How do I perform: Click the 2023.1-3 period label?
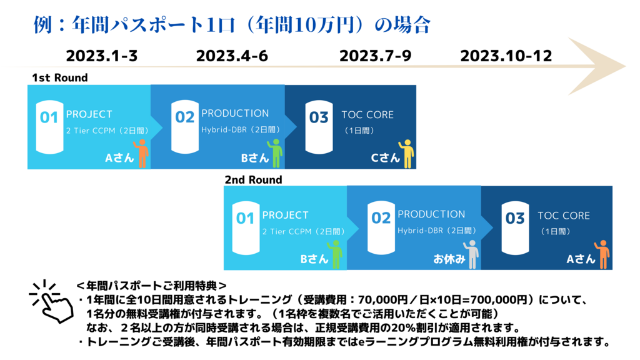point(102,56)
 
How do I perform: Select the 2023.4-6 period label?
point(232,56)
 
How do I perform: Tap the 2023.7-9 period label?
point(375,56)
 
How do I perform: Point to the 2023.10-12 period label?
point(506,56)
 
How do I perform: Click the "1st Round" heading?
point(60,77)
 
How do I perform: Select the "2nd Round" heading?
point(254,179)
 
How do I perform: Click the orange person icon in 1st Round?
point(141,153)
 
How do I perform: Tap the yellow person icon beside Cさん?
point(406,154)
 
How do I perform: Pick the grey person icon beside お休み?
point(471,254)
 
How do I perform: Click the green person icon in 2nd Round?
point(335,254)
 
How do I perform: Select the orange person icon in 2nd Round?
point(602,254)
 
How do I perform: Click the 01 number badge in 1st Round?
point(49,127)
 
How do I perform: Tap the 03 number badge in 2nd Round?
point(515,227)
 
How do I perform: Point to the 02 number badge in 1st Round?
point(185,127)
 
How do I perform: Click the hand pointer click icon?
point(51,301)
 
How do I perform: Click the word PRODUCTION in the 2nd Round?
point(431,214)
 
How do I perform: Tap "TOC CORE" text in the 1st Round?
point(367,115)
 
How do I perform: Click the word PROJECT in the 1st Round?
point(89,114)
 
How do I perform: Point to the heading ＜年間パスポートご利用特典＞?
point(151,286)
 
